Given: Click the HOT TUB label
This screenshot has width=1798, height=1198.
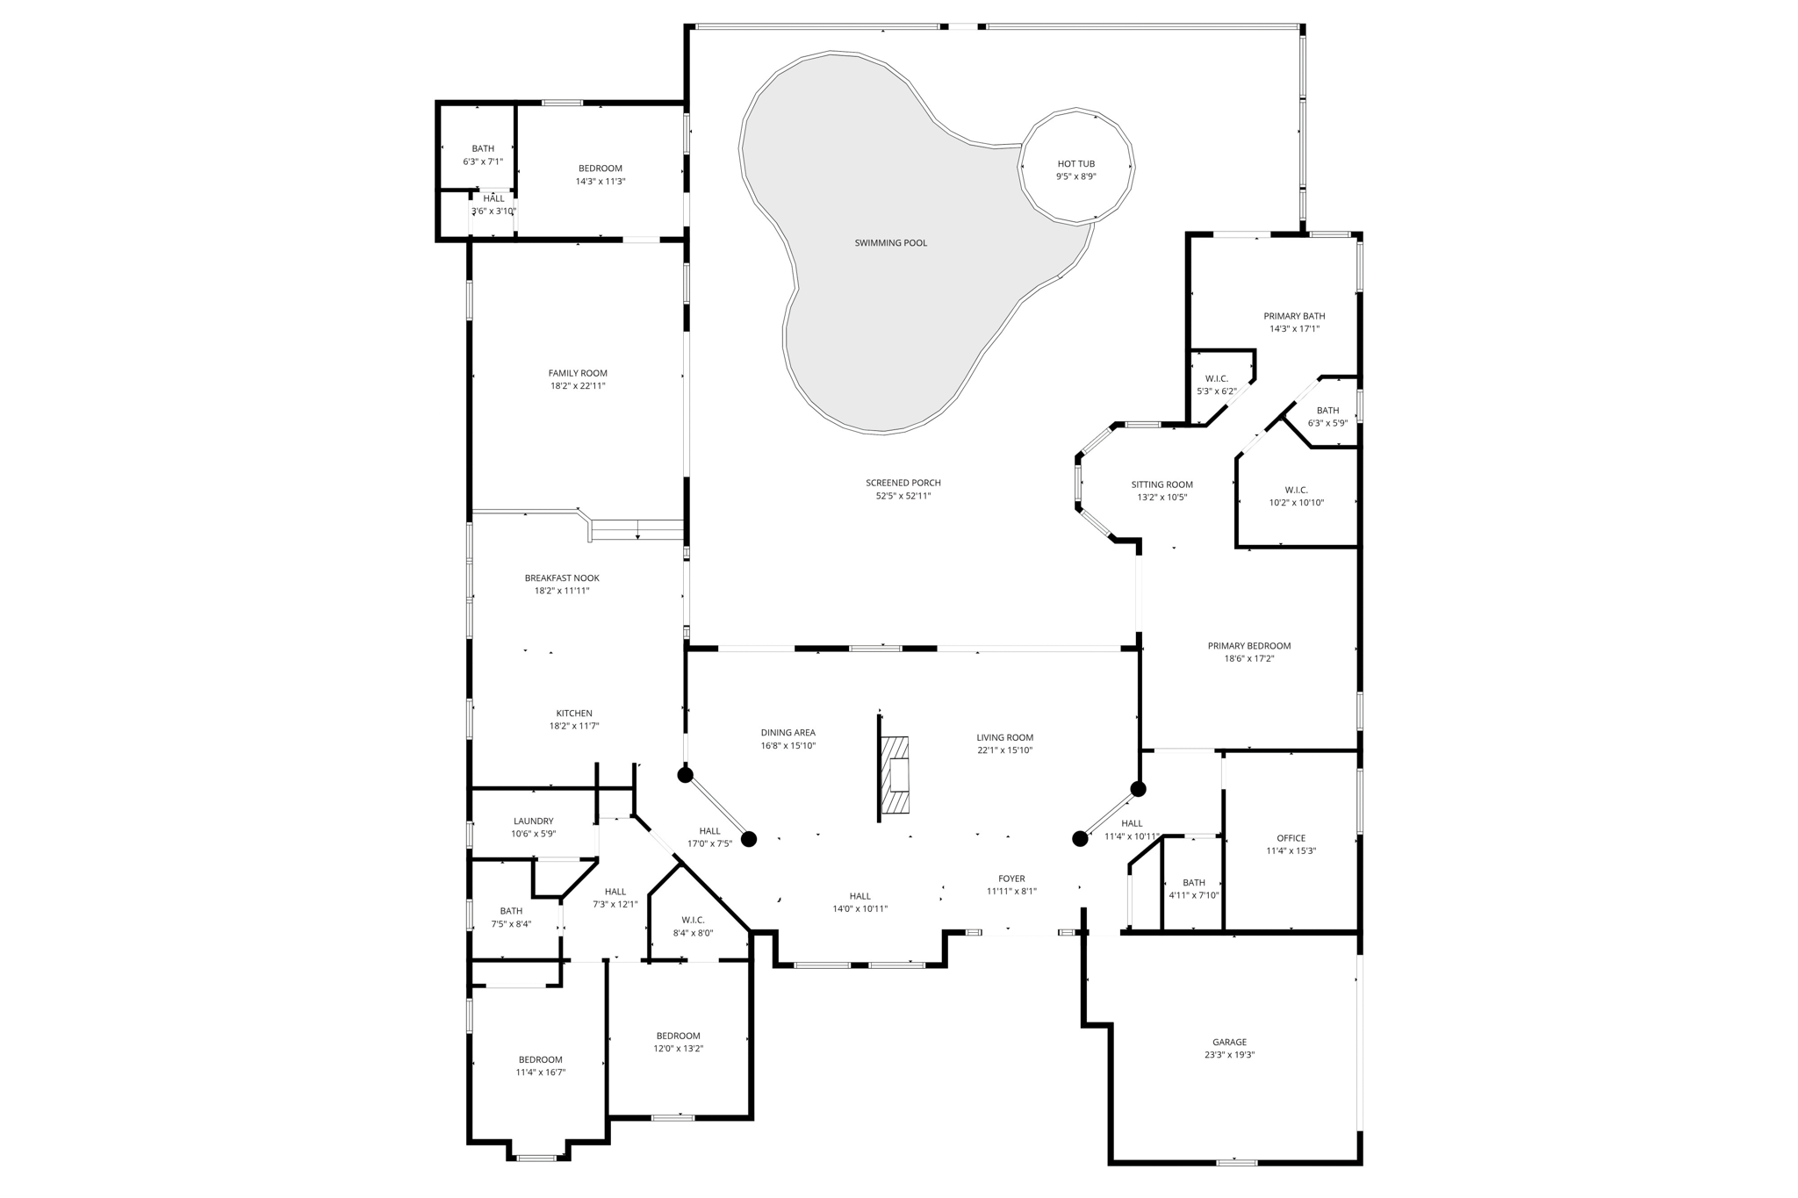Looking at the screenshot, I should tap(1075, 164).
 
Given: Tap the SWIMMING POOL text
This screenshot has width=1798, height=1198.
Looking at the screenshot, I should tap(890, 243).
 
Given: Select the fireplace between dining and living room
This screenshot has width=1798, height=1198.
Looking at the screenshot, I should tap(895, 776).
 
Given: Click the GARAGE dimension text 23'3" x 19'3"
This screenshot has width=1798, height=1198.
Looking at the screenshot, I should tap(1229, 1055).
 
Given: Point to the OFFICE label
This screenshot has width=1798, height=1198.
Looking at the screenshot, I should tap(1291, 838).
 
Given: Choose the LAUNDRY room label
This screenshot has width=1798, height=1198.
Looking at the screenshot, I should tap(534, 821).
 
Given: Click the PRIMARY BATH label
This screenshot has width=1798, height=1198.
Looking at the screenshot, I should tap(1294, 316).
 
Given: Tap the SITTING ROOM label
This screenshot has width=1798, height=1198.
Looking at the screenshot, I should tap(1162, 484).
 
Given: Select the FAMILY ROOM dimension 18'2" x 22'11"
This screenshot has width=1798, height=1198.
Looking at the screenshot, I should tap(577, 386).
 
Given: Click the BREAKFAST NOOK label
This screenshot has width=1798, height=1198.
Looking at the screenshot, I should tap(562, 578).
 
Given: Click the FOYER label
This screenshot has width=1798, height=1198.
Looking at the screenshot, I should tap(1011, 879).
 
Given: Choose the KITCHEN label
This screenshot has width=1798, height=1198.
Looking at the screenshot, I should tap(574, 714).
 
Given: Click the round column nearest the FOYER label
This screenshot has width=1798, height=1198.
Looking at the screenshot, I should tap(1080, 839).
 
